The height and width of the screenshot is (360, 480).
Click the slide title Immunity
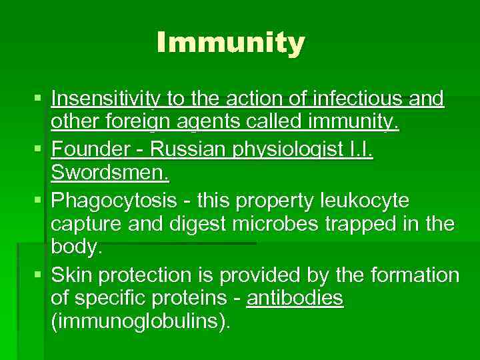coord(231,43)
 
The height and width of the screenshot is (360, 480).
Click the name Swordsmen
coord(110,174)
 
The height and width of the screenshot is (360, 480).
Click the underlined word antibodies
coord(295,299)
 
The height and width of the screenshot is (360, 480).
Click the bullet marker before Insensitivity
coord(37,100)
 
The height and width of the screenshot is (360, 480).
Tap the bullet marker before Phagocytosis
coord(37,201)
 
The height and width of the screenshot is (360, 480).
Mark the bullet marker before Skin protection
coord(37,275)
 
